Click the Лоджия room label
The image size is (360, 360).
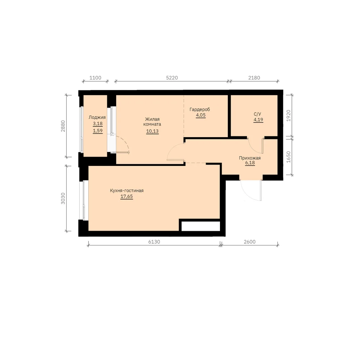[97, 117]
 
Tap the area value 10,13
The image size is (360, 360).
[152, 131]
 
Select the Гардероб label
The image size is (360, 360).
[200, 109]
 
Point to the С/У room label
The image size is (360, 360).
[257, 114]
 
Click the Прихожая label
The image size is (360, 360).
[250, 158]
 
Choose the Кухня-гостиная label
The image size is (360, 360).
[127, 190]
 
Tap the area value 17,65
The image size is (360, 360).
[127, 197]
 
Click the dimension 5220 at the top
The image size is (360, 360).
[172, 78]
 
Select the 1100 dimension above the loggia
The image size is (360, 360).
[95, 78]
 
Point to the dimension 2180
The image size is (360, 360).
[254, 78]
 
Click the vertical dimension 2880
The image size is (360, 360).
[63, 126]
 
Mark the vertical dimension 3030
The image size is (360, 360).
[63, 198]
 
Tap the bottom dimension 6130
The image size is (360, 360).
[154, 242]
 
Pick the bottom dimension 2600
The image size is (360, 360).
[249, 242]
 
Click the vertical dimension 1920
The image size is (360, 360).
[289, 116]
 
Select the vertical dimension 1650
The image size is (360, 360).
[289, 157]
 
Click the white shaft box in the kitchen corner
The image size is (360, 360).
[201, 226]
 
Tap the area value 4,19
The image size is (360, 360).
[258, 120]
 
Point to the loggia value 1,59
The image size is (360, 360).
[98, 131]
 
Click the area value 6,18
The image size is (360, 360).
[250, 163]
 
